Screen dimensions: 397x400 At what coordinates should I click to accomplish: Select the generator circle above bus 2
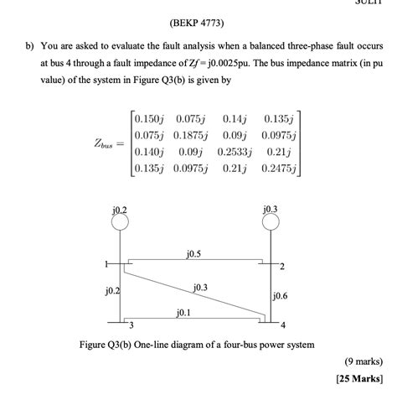(270, 222)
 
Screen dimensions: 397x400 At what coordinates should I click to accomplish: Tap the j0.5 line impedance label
(193, 252)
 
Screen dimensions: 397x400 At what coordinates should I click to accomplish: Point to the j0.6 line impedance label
(280, 295)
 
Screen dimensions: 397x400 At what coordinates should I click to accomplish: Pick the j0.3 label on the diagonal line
(200, 288)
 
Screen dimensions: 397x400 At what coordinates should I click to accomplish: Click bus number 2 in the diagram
(283, 268)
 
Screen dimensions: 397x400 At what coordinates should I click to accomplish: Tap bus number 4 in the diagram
(283, 325)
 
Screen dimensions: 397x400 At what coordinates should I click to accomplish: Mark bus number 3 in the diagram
(131, 325)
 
